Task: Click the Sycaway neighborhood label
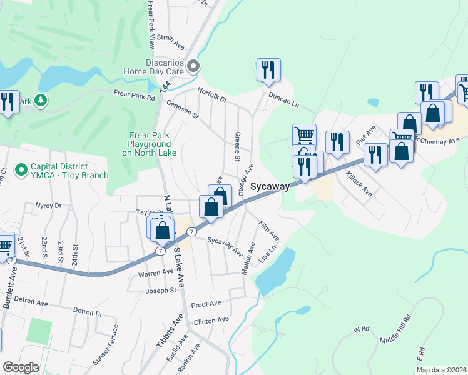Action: [270, 187]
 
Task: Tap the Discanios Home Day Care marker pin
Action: [193, 66]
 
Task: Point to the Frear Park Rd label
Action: [134, 94]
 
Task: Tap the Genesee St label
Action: [182, 110]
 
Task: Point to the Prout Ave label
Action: [206, 304]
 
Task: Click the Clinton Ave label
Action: [211, 321]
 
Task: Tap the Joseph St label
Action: [163, 291]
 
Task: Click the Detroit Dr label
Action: [87, 311]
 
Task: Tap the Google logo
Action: [21, 367]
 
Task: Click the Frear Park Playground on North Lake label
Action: [148, 143]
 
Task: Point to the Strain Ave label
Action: [171, 42]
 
